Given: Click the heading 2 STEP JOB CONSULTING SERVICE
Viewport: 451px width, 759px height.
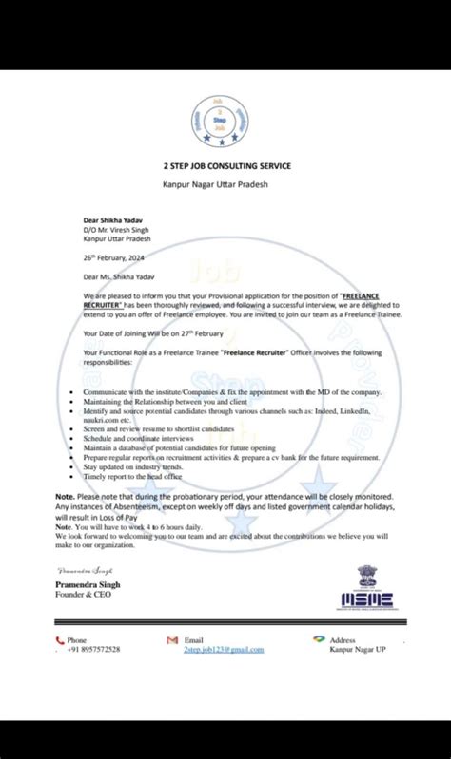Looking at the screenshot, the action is coord(225,166).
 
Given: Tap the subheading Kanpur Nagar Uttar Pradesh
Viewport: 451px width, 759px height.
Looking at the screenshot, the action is coord(225,183).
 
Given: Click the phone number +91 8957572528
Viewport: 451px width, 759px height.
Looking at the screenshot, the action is coord(93,649).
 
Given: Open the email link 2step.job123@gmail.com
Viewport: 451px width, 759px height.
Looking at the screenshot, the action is coord(224,649).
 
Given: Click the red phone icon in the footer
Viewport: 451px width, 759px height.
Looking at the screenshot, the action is coord(59,641).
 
